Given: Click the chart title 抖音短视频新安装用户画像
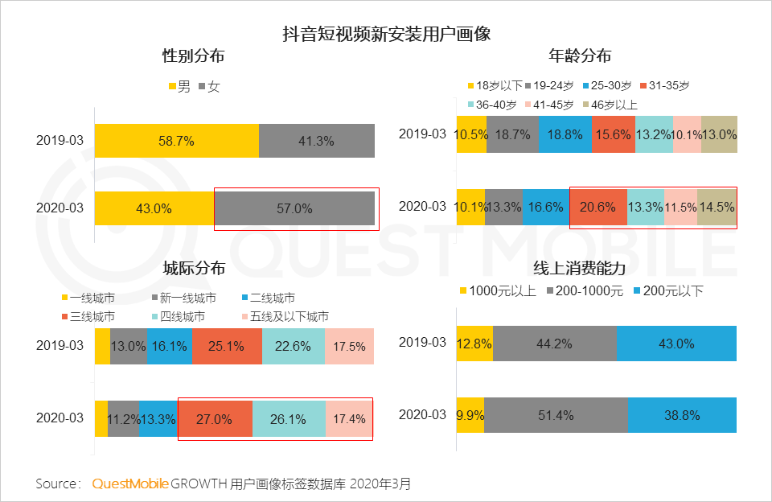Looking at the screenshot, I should pos(386,34).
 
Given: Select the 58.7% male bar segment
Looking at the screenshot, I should pos(176,141).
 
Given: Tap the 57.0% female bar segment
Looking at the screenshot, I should pos(294,208).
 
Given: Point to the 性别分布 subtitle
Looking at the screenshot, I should pos(193,56).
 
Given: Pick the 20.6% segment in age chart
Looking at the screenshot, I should pos(597,207).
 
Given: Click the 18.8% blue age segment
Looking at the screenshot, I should pos(565,134).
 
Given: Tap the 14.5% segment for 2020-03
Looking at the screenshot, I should pos(716,207).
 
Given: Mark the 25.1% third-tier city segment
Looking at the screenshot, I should pos(227,347).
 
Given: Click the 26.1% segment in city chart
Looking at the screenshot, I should pos(289,418).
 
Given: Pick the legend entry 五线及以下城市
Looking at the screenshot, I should pos(285,316).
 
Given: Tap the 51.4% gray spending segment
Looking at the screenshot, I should pos(556,416).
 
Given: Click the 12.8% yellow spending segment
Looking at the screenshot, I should pos(474,344).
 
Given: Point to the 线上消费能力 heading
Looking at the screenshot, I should pos(580,268).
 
